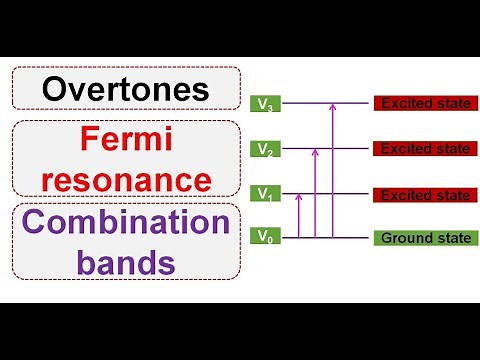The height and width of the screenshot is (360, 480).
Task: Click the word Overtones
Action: click(126, 89)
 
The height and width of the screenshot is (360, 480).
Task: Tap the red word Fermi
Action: click(126, 142)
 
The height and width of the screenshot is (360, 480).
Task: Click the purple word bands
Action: click(126, 262)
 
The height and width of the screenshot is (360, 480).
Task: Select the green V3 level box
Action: click(264, 103)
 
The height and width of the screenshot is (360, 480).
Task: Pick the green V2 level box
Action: click(264, 149)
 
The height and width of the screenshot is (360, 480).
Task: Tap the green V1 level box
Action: click(264, 193)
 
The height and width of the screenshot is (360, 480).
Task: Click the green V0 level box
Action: click(264, 237)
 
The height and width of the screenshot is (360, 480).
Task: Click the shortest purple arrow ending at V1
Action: click(299, 215)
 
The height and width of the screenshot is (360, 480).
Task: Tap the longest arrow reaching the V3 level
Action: click(330, 170)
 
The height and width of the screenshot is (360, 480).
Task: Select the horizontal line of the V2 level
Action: click(350, 149)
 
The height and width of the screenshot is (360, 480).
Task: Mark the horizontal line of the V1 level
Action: click(350, 193)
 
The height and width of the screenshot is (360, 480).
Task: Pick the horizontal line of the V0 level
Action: click(350, 238)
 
